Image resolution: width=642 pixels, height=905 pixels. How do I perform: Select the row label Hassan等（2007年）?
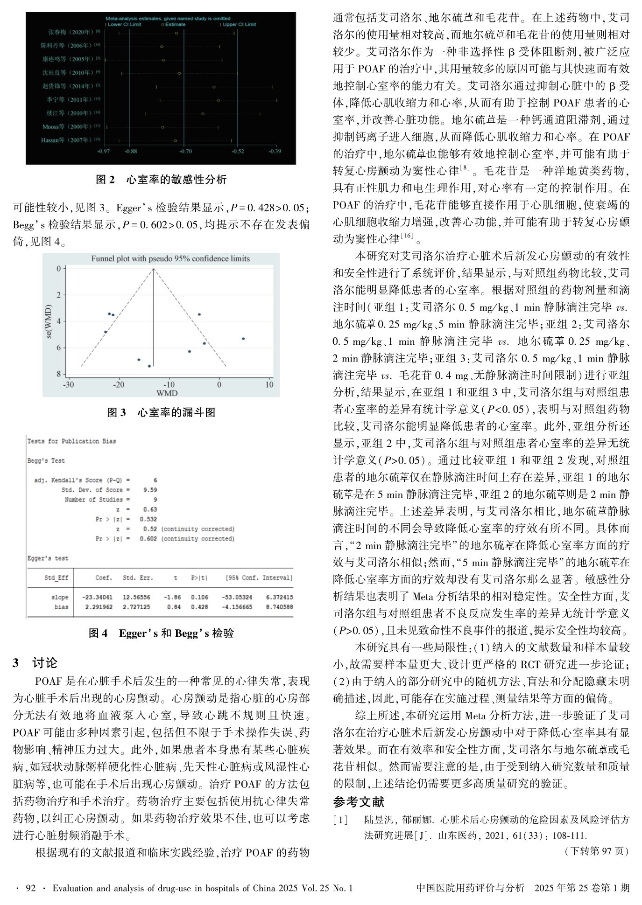[x=71, y=140]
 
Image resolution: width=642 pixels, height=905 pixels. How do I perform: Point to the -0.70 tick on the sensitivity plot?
[x=185, y=151]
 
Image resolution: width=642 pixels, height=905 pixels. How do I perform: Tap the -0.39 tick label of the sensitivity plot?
[x=275, y=151]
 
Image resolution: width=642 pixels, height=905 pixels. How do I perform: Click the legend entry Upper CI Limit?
[x=239, y=24]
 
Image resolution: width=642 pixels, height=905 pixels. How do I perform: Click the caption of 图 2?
[x=161, y=180]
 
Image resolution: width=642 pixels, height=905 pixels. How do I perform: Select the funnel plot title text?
[x=170, y=258]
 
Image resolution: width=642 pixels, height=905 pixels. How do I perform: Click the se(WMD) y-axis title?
[x=49, y=321]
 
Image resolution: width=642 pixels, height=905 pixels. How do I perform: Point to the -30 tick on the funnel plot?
[x=68, y=385]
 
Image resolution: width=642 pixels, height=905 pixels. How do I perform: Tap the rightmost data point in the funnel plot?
[x=243, y=339]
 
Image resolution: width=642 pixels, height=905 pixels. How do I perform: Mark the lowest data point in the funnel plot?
[x=149, y=366]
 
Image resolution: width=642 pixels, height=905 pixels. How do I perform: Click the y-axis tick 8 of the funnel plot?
[x=58, y=374]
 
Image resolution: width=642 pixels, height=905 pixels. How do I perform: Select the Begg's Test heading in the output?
[x=46, y=460]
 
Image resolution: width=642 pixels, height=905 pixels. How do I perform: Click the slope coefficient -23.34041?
[x=97, y=597]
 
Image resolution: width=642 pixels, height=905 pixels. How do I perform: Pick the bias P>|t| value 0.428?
[x=199, y=607]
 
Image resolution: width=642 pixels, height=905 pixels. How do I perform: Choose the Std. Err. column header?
[x=138, y=578]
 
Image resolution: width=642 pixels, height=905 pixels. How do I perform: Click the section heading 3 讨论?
[x=35, y=662]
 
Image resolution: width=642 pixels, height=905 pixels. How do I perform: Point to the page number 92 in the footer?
[x=30, y=888]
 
